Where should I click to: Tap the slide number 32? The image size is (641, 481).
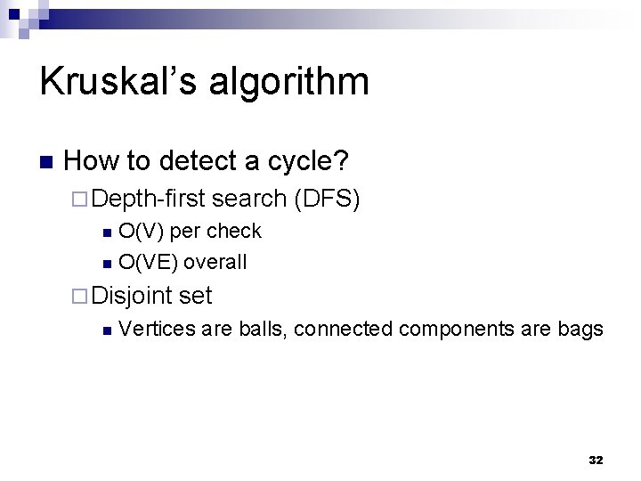click(596, 460)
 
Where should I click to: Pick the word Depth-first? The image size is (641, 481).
click(148, 199)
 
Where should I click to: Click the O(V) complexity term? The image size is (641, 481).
click(141, 231)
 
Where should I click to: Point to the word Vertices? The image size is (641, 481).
click(157, 329)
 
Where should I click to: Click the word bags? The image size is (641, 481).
click(581, 330)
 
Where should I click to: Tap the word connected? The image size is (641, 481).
click(343, 329)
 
